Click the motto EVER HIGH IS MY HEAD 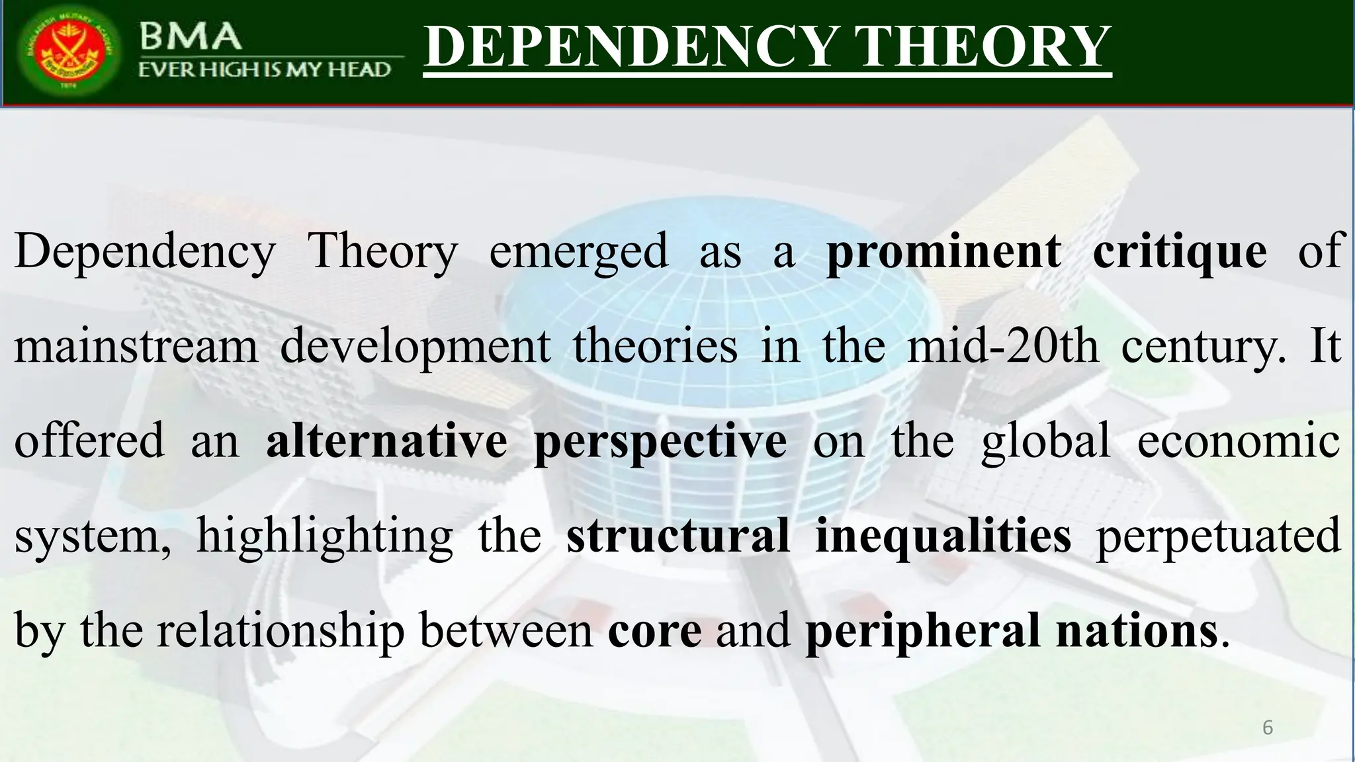[265, 69]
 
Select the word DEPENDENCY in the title [630, 47]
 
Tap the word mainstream [136, 346]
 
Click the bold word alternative [386, 441]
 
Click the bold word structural [678, 534]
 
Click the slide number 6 [1268, 728]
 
